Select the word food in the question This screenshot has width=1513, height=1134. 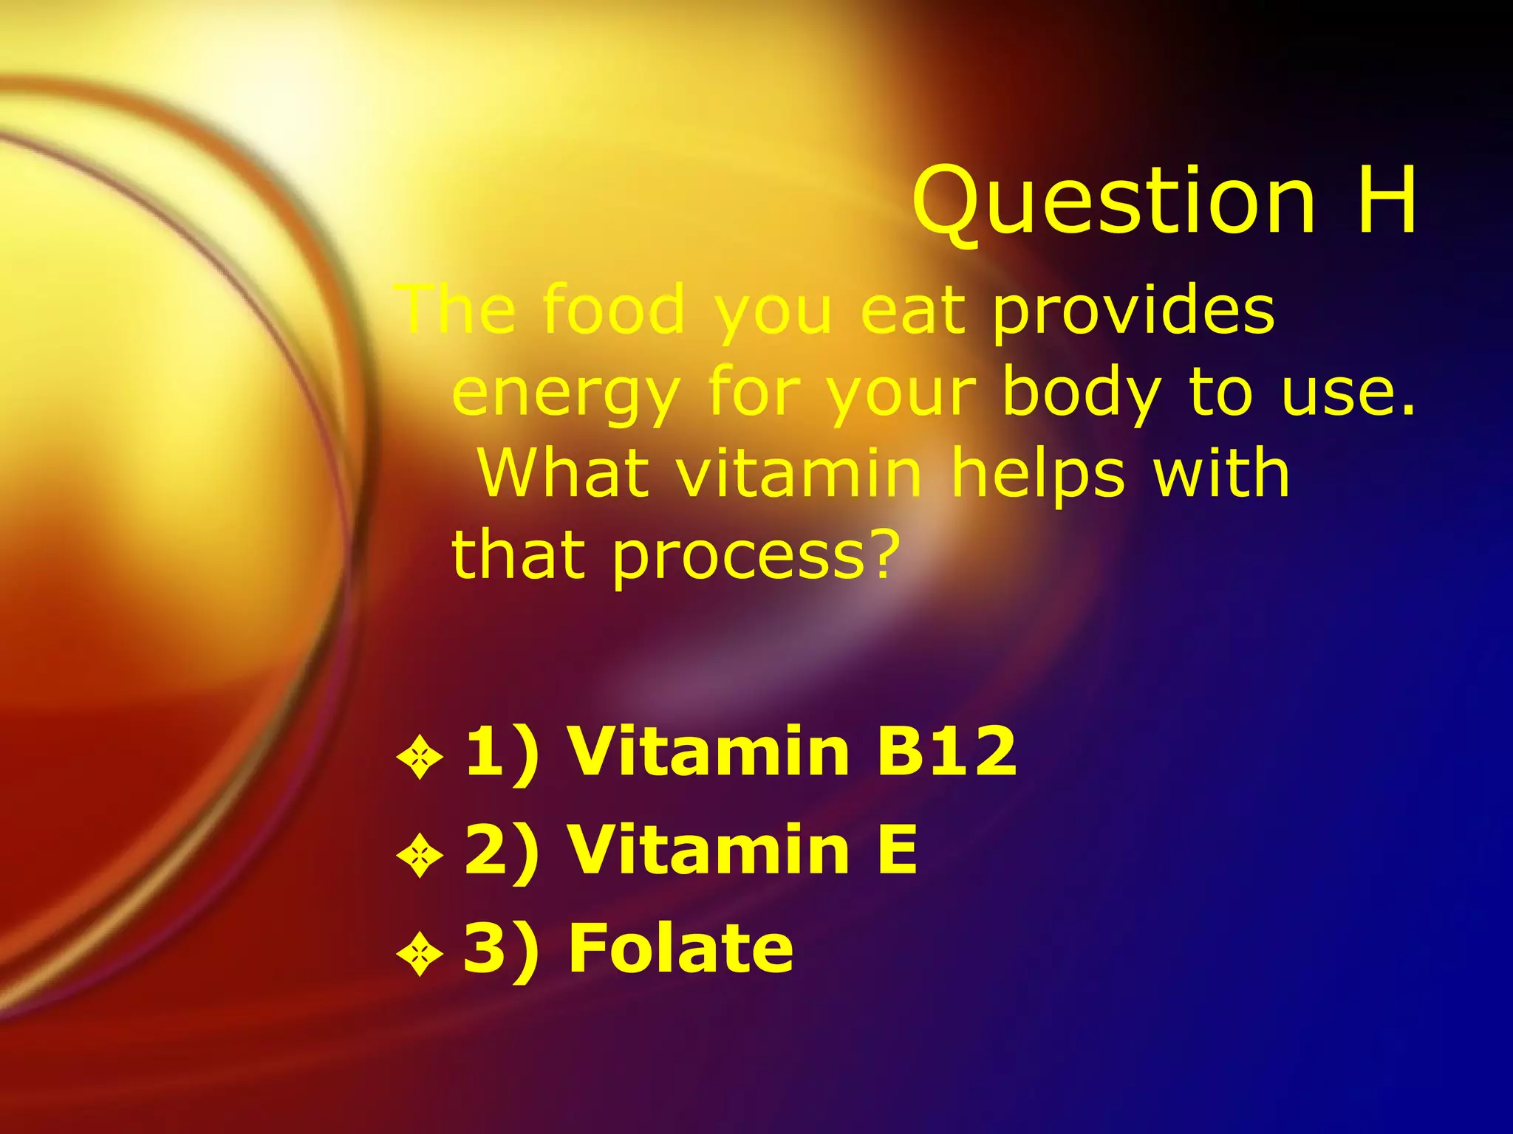(614, 310)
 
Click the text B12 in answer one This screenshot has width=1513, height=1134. (946, 751)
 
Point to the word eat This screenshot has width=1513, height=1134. (913, 310)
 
